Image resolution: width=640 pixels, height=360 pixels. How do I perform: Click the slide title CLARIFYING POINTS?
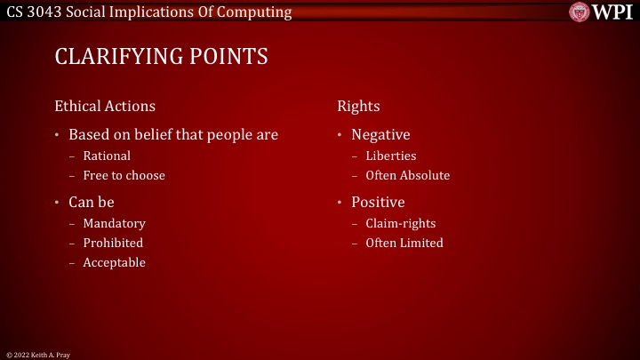coord(161,57)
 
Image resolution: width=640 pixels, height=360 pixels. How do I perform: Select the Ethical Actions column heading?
coord(105,106)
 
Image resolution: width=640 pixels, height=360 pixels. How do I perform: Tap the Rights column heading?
coord(358,106)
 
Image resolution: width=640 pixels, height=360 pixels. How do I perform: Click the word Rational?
coord(107,156)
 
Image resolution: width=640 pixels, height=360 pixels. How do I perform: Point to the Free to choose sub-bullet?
coord(124,175)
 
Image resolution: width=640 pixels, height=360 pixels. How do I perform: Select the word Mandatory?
coord(114,223)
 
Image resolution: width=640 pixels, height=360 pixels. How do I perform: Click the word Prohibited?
coord(113,243)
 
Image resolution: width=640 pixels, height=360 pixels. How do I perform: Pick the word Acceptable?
coord(114,262)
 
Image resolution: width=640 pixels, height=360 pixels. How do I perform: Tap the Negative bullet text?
coord(380,135)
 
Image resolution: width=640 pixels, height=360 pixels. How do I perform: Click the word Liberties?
coord(390,156)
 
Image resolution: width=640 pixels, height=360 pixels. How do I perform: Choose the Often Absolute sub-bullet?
coord(407,175)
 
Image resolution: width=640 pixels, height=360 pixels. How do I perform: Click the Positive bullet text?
coord(378,202)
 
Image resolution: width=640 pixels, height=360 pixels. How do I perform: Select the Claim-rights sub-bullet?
coord(400,223)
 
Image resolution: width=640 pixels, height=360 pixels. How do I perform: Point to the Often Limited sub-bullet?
coord(404,243)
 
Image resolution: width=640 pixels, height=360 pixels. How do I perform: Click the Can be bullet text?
coord(92,202)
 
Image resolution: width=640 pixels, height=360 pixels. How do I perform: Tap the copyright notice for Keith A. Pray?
coord(38,355)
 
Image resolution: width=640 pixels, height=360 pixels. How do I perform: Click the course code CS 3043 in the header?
coord(32,12)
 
